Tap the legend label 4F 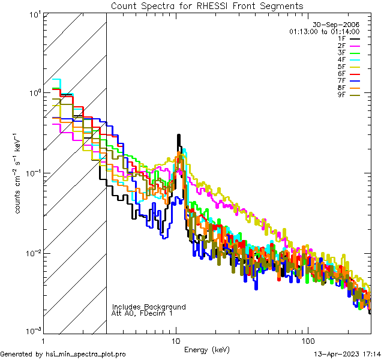click(x=342, y=59)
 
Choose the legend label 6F click(x=342, y=73)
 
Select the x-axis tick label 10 click(x=176, y=340)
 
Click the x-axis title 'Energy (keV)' click(x=207, y=349)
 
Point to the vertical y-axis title click(x=19, y=172)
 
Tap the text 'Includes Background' click(x=149, y=307)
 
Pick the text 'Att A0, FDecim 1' click(x=142, y=313)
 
